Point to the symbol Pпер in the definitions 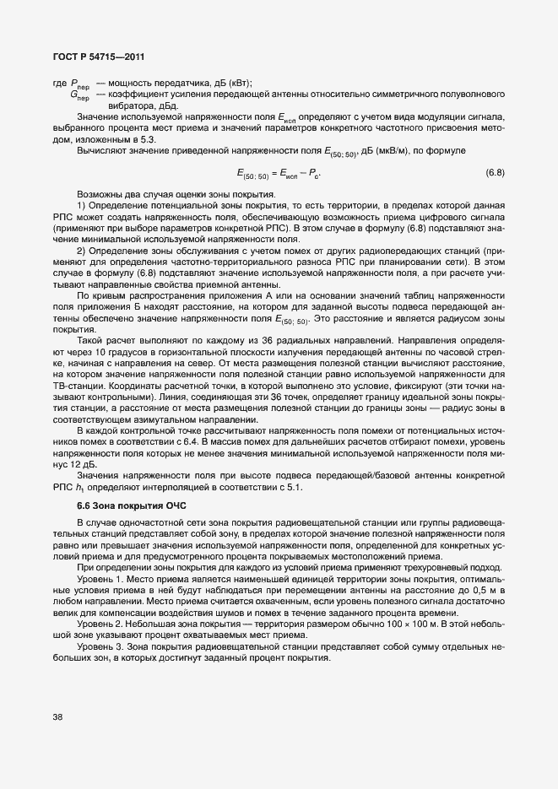[x=81, y=84]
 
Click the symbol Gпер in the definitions [x=81, y=95]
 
